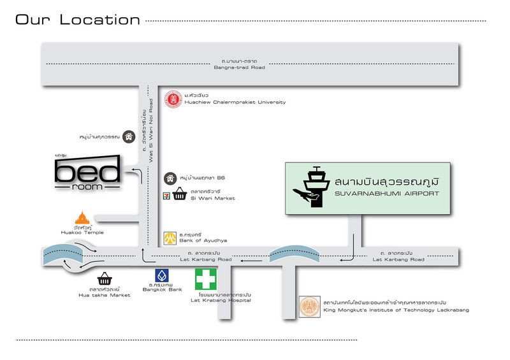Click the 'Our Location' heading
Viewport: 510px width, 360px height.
coord(77,20)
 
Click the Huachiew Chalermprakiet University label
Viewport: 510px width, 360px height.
coord(234,102)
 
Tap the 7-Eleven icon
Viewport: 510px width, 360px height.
coord(166,194)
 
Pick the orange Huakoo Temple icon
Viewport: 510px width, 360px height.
coord(82,217)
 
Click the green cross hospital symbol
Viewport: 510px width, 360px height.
coord(206,278)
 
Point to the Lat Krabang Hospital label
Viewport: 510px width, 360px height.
coord(221,300)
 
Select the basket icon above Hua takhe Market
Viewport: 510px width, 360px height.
coord(105,278)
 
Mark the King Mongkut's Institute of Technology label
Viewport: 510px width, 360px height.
coord(396,310)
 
